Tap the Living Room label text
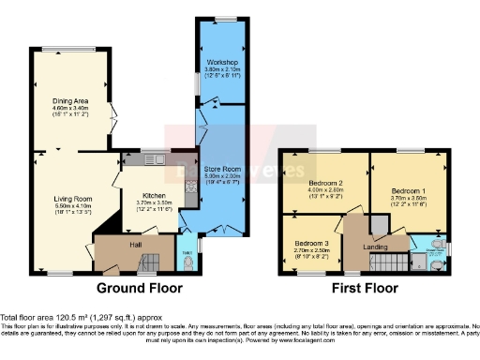coord(71,199)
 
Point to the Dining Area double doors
coord(114,124)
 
